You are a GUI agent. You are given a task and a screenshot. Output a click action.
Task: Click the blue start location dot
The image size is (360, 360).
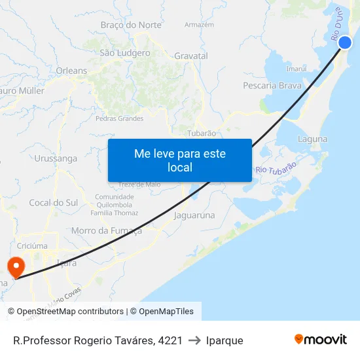(x=345, y=43)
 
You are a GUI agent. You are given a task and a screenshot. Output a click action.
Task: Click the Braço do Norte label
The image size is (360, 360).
(x=131, y=25)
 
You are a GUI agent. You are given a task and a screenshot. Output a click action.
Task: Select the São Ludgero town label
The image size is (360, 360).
(x=124, y=53)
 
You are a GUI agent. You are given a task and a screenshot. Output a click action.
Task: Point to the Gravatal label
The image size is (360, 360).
(x=191, y=56)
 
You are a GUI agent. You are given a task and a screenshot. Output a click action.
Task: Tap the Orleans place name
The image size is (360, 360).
(x=71, y=71)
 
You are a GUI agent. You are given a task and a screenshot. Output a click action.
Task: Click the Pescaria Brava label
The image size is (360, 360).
(x=272, y=86)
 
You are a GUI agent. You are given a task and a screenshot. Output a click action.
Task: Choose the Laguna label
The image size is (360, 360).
(x=313, y=139)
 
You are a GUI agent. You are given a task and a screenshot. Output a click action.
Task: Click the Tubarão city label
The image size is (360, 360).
(x=202, y=133)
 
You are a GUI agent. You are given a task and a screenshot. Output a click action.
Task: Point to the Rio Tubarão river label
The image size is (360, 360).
(x=276, y=168)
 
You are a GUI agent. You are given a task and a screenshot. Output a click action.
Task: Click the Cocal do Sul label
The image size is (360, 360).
(x=53, y=203)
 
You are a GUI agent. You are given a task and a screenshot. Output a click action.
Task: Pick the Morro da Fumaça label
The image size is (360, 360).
(x=106, y=230)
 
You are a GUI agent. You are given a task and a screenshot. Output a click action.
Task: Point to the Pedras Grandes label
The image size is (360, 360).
(x=119, y=118)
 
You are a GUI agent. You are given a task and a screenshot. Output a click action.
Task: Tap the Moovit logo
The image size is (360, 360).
(x=321, y=340)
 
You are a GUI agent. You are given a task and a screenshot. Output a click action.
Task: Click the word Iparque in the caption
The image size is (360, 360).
(x=225, y=340)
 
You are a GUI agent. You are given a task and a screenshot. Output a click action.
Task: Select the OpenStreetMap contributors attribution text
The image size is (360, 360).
(x=70, y=312)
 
